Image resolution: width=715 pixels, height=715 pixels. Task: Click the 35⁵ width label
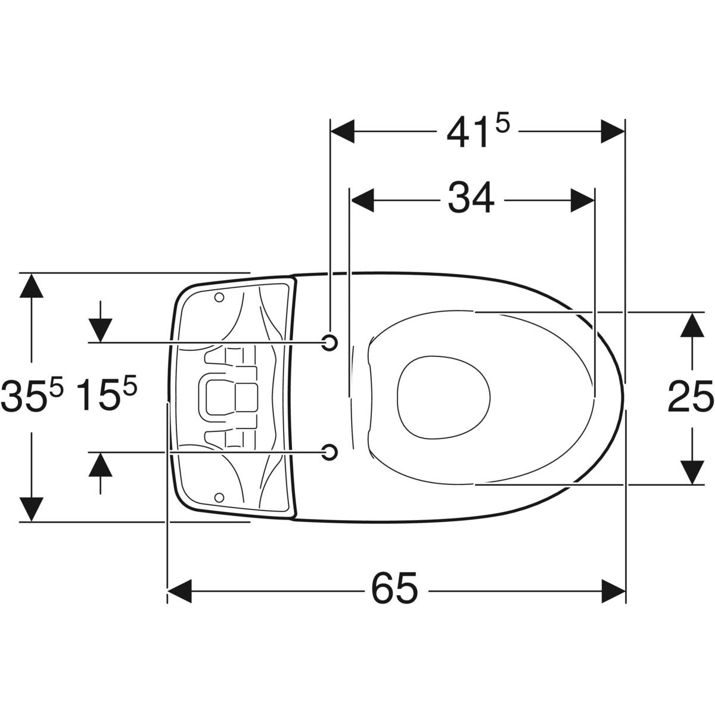tap(32, 395)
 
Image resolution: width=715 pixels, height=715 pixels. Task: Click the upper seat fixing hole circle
tap(329, 342)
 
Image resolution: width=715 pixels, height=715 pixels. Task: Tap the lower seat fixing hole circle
tap(329, 452)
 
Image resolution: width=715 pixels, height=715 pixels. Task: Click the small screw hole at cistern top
tap(219, 297)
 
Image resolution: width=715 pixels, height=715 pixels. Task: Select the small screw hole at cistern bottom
tap(219, 498)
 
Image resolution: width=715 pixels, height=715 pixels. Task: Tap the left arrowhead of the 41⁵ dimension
tap(342, 131)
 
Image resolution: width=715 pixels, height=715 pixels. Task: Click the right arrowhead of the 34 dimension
tap(583, 200)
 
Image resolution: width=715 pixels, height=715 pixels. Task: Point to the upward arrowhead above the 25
tap(692, 325)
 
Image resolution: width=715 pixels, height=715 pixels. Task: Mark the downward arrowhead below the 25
tap(692, 472)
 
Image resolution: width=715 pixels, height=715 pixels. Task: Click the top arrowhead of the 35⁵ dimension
tap(32, 285)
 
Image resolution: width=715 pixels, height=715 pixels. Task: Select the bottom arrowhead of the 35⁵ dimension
tap(32, 509)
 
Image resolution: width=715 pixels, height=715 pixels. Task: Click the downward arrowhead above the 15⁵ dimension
tap(100, 330)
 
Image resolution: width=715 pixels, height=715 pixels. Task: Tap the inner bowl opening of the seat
tap(444, 397)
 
